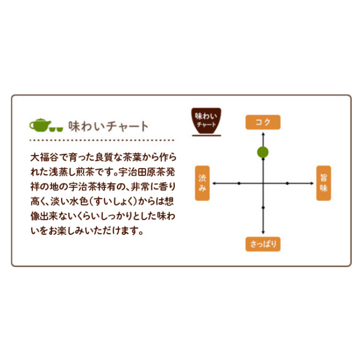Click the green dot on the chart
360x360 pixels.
[263, 152]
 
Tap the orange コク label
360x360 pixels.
[263, 122]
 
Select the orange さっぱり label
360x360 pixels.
[263, 244]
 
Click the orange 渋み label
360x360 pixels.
[202, 183]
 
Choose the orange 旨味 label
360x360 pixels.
[323, 183]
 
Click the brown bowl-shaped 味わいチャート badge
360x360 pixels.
[207, 121]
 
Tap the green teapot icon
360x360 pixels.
[40, 125]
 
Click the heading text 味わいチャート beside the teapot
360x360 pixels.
[109, 126]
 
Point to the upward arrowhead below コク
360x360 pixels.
[263, 134]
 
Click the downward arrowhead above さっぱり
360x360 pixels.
[263, 232]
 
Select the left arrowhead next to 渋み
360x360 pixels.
[214, 183]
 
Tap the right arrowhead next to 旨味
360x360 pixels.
[312, 183]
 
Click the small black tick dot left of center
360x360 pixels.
[239, 183]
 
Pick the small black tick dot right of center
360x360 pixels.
[287, 183]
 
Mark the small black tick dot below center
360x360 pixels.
[263, 208]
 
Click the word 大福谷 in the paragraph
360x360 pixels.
[44, 157]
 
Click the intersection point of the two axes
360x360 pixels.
[263, 183]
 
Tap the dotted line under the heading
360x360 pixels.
[102, 140]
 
